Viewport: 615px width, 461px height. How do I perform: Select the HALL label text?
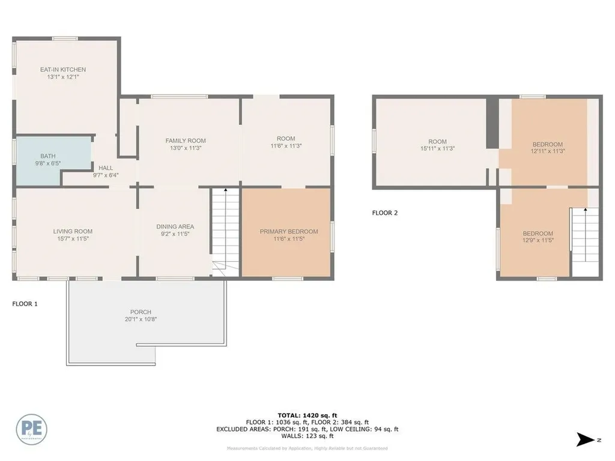[x=106, y=168]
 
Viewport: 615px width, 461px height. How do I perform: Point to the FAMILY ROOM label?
[x=186, y=140]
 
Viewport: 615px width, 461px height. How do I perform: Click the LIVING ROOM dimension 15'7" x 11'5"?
[x=73, y=239]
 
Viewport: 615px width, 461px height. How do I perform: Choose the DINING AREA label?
[x=175, y=226]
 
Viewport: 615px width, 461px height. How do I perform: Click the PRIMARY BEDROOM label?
[x=289, y=231]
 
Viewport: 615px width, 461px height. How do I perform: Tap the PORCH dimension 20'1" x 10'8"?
[x=141, y=319]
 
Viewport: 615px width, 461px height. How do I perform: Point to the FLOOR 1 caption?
[x=25, y=304]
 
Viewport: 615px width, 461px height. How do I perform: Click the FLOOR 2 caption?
[x=384, y=212]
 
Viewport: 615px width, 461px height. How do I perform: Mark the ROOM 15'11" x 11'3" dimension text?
[x=437, y=149]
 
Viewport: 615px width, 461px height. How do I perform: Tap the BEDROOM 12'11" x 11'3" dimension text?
[x=548, y=151]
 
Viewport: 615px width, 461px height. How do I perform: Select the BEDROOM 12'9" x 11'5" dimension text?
[x=538, y=240]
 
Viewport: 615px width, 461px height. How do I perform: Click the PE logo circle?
[x=32, y=429]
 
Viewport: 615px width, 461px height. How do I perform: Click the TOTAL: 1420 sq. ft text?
[x=307, y=415]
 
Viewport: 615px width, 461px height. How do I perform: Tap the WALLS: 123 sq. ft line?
[x=307, y=436]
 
